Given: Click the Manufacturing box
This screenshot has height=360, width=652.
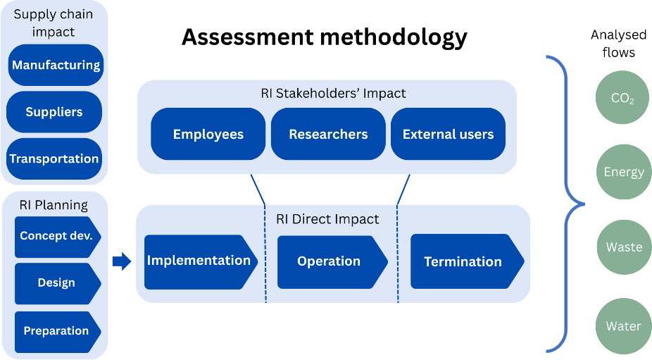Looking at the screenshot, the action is tap(56, 65).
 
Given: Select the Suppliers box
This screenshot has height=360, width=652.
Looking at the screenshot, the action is tap(54, 112).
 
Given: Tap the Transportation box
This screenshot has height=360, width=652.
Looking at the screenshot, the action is tap(54, 159).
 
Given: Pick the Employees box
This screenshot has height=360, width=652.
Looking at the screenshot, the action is tap(208, 134).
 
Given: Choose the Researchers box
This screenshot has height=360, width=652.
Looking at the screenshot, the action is tap(328, 134).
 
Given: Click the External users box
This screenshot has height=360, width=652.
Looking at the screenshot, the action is tap(449, 134).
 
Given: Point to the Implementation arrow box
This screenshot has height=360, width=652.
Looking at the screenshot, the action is tap(201, 262).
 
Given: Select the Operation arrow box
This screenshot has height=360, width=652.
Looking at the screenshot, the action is tap(332, 262).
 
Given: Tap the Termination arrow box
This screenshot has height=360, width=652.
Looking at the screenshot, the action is tap(467, 261).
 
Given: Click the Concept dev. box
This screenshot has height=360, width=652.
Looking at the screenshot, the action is tap(58, 237).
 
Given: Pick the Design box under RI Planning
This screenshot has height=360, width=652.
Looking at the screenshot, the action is tap(58, 283).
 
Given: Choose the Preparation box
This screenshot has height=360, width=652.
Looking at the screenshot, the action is tap(58, 332).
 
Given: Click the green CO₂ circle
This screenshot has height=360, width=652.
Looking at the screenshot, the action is tap(622, 97).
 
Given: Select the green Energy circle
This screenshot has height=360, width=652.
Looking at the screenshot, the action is tap(624, 171).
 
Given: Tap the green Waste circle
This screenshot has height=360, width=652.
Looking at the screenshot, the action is tap(624, 247).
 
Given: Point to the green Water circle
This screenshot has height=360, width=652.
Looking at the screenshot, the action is tap(623, 326).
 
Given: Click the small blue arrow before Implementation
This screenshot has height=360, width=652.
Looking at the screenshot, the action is tap(122, 261).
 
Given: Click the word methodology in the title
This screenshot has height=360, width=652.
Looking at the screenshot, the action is tap(394, 37).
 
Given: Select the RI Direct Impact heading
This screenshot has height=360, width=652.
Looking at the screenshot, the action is tap(327, 219).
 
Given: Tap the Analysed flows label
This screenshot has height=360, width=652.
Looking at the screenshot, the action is tap(619, 44).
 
